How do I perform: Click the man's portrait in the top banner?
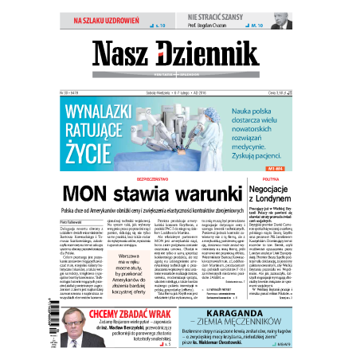pyautogui.click(x=282, y=19)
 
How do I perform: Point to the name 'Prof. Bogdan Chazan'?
pyautogui.click(x=213, y=25)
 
